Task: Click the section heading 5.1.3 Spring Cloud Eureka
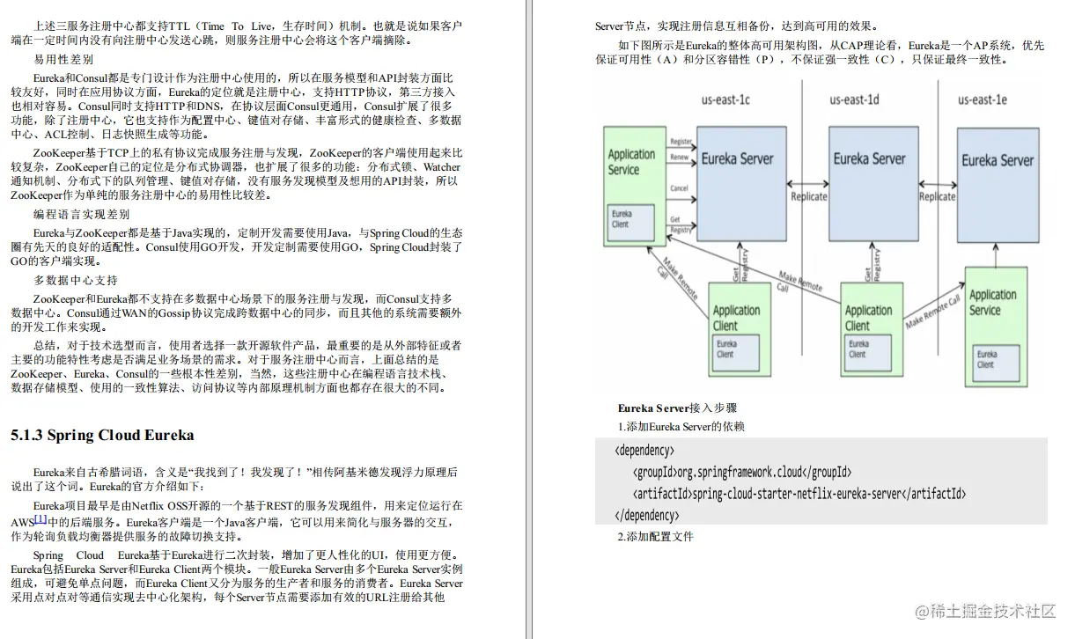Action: (102, 435)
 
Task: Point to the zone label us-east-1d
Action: (854, 99)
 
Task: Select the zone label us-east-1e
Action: (983, 99)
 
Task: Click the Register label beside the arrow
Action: (681, 142)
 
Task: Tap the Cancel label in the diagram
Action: (680, 188)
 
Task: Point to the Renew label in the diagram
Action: (680, 158)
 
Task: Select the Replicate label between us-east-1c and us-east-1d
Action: (808, 196)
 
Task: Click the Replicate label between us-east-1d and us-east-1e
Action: (937, 196)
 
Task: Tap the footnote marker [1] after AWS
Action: (40, 519)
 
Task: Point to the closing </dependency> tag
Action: (645, 515)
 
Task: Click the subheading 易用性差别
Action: (63, 60)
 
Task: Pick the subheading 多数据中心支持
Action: (76, 280)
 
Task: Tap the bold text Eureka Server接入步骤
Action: (677, 408)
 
